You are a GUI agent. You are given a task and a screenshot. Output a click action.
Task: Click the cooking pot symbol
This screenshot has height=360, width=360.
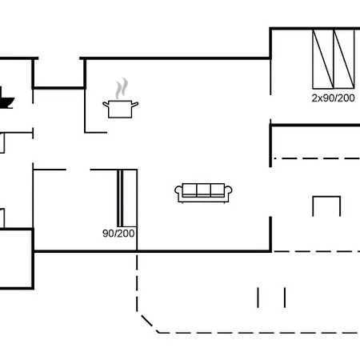(x=120, y=109)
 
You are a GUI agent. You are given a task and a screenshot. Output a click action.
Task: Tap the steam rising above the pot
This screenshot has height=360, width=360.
(x=122, y=89)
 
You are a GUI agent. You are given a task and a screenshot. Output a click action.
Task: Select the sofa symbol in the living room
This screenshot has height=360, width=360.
(x=203, y=193)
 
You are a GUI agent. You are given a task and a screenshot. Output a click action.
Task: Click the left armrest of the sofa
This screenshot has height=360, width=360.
(x=178, y=193)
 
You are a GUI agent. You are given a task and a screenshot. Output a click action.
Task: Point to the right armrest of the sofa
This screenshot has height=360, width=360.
(x=229, y=193)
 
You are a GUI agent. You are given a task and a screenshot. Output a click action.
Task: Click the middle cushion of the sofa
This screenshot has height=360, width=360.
(x=203, y=190)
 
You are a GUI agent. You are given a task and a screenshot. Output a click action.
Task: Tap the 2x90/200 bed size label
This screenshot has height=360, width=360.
(x=333, y=98)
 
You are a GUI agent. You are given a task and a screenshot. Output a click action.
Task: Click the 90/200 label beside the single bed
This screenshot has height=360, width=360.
(x=118, y=234)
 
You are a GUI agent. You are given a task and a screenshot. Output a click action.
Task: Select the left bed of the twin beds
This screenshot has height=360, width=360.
(x=323, y=59)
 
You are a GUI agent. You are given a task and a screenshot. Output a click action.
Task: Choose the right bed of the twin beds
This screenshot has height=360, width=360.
(x=344, y=59)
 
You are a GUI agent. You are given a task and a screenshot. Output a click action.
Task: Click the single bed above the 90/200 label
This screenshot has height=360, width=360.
(x=127, y=198)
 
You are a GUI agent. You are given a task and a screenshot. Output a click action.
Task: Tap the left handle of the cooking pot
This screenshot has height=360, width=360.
(x=106, y=104)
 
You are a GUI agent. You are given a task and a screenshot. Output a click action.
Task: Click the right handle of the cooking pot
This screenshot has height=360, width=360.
(x=135, y=104)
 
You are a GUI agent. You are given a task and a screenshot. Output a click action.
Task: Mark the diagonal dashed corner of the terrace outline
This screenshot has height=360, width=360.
(x=148, y=322)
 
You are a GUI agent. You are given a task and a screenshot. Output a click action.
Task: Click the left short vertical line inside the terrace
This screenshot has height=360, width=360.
(x=258, y=298)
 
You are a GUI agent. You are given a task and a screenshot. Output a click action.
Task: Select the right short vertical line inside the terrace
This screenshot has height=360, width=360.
(x=285, y=298)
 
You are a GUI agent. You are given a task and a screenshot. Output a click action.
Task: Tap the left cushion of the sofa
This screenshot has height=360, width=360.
(x=190, y=190)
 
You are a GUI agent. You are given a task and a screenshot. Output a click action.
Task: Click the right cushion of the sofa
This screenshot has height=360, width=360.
(x=218, y=190)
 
